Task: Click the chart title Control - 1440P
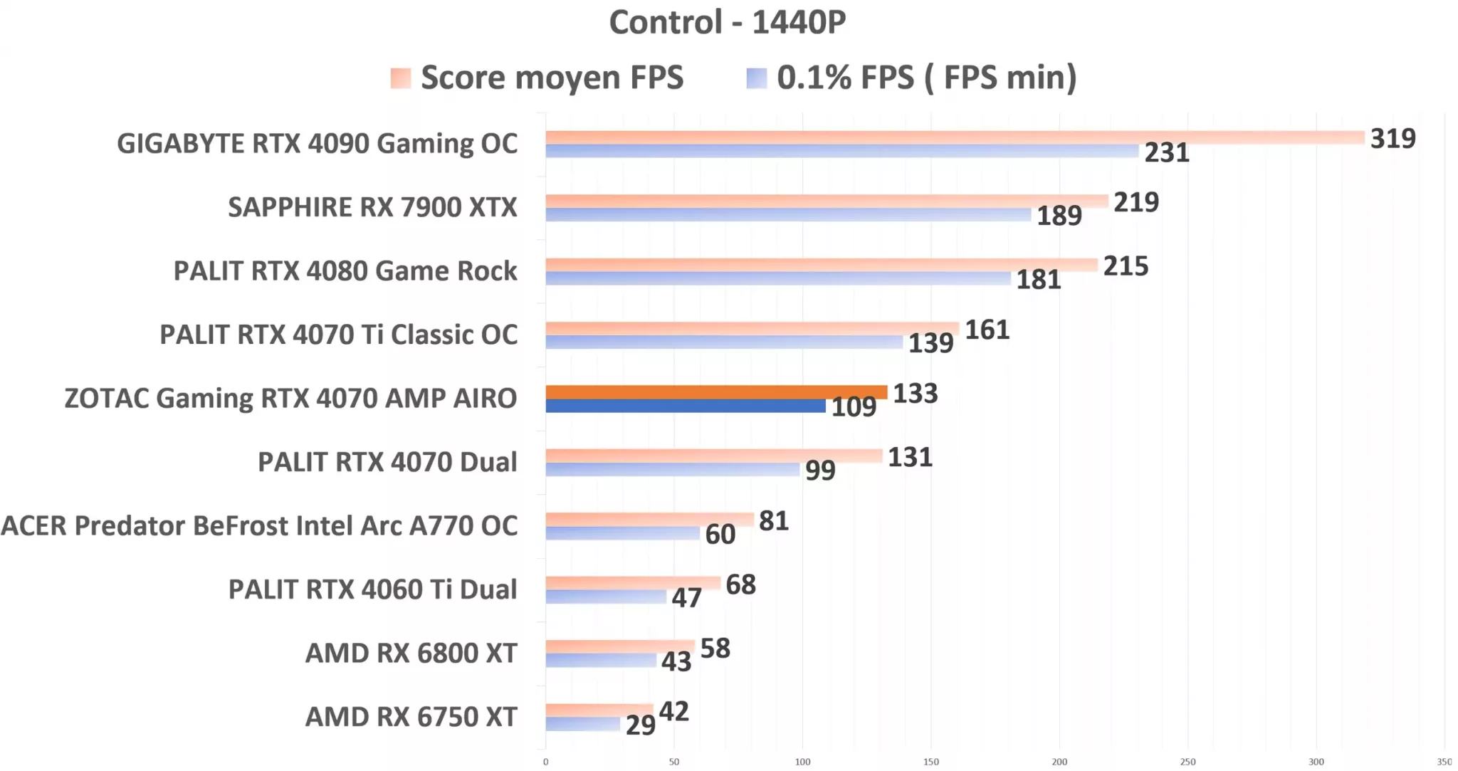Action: (x=727, y=22)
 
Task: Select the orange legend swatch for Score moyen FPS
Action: (x=401, y=78)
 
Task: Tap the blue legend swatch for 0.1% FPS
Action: (x=756, y=78)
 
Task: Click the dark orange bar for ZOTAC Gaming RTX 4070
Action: (x=715, y=392)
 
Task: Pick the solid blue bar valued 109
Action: (x=685, y=406)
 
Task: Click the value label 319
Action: (x=1393, y=138)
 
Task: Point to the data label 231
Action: (x=1166, y=152)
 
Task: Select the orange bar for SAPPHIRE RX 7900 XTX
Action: (x=826, y=201)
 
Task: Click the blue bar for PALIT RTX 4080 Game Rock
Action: (x=777, y=278)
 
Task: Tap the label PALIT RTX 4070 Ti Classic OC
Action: (x=338, y=335)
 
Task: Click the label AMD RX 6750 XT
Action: (x=411, y=717)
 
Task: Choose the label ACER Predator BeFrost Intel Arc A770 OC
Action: (x=259, y=526)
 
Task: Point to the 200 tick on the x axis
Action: (x=1059, y=762)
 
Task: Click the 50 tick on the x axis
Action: (x=673, y=762)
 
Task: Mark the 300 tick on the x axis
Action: (x=1316, y=762)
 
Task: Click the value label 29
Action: (x=640, y=725)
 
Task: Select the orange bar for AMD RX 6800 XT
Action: (x=619, y=646)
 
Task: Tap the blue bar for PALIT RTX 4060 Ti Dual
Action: (x=605, y=597)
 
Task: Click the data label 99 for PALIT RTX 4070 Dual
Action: (x=820, y=470)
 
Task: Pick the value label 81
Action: (x=773, y=521)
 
